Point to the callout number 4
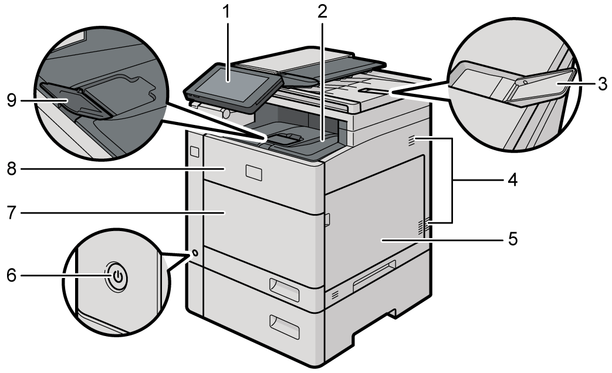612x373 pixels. [512, 180]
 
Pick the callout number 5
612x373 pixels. [512, 240]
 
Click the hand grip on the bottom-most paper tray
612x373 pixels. [284, 326]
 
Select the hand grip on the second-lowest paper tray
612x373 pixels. [284, 286]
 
